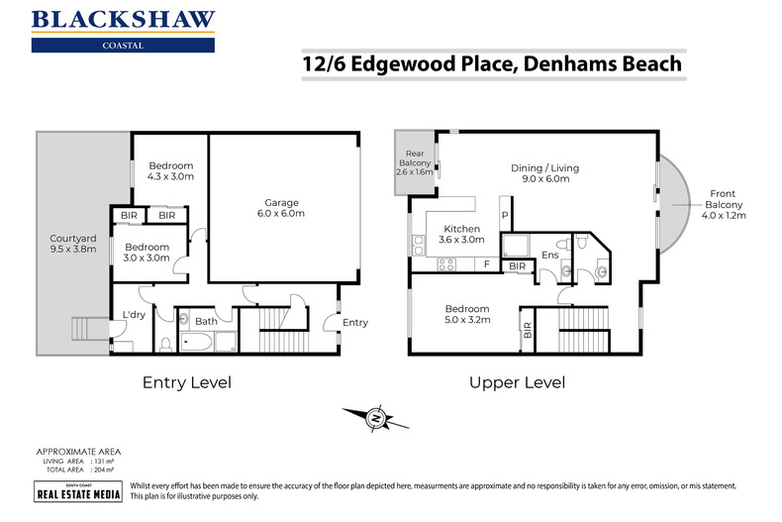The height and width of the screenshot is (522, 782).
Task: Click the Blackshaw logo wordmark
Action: click(x=123, y=19)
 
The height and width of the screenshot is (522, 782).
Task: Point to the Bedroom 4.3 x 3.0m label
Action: click(x=170, y=171)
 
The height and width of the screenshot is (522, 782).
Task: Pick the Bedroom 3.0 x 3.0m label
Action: click(x=146, y=253)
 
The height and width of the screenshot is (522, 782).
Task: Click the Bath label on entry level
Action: click(x=206, y=321)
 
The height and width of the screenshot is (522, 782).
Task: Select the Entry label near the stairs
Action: click(x=354, y=322)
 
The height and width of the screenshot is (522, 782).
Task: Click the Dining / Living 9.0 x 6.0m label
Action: click(x=544, y=174)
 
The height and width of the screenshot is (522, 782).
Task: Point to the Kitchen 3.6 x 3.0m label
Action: click(x=462, y=234)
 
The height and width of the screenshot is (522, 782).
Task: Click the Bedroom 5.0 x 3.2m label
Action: click(x=466, y=314)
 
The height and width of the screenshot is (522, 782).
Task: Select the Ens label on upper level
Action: click(x=549, y=257)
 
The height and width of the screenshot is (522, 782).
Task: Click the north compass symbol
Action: click(x=375, y=419)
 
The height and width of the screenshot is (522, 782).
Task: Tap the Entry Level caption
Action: click(x=187, y=382)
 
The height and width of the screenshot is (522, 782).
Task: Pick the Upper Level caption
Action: click(x=517, y=382)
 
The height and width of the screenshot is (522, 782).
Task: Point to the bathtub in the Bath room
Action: click(x=197, y=344)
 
